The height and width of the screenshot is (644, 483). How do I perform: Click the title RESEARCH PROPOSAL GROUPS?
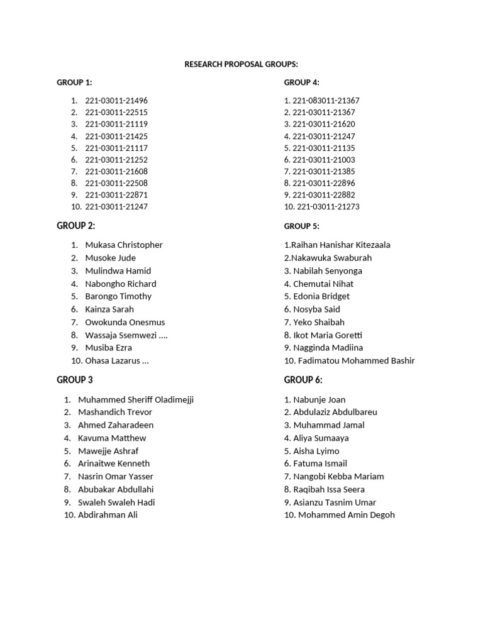(x=241, y=64)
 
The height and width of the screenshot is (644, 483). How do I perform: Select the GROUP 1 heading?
(x=74, y=82)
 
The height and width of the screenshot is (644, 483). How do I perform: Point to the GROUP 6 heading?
(x=303, y=380)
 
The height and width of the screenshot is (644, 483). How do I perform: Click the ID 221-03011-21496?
(x=116, y=101)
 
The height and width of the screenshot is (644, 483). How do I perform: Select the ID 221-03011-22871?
(x=116, y=195)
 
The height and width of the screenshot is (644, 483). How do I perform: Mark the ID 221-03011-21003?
(x=323, y=160)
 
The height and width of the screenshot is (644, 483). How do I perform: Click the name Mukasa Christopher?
(x=124, y=245)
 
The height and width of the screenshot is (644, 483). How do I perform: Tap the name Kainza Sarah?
(x=109, y=309)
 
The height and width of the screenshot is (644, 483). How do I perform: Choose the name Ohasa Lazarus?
(x=116, y=361)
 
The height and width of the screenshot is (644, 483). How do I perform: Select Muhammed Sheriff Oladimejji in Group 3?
(x=136, y=400)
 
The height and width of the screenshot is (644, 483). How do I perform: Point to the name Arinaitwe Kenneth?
(x=114, y=464)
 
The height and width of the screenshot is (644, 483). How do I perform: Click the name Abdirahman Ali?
(x=108, y=515)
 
